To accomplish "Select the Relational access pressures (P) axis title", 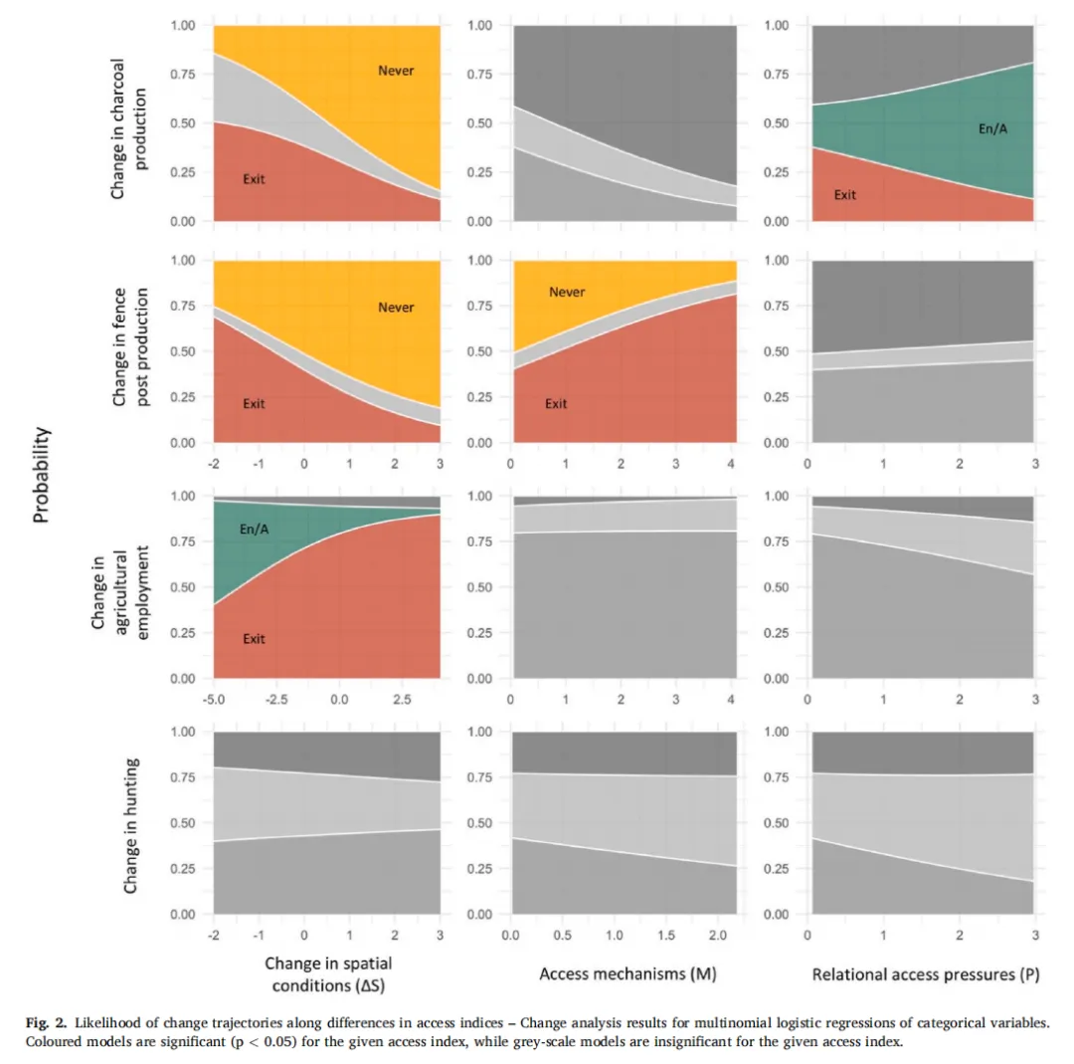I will pos(925,974).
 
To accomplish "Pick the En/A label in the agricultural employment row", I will pos(256,531).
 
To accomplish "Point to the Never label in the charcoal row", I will pos(396,70).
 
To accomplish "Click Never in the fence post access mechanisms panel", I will pos(567,293).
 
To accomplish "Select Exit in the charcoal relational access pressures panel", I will pos(844,195).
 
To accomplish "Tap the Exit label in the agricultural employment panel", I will pos(255,639).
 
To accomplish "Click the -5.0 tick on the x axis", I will pos(214,699).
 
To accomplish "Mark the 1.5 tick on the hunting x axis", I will pos(665,935).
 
